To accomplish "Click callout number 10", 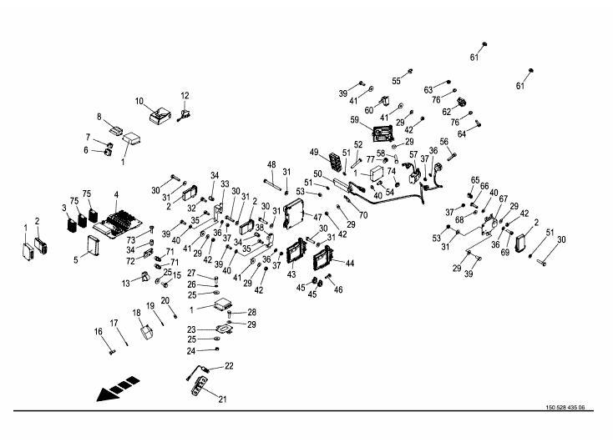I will [140, 101].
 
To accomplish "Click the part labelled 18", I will [146, 332].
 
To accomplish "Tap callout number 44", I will [349, 263].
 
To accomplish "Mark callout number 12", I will [185, 96].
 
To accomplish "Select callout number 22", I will [229, 367].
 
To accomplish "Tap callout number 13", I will [125, 284].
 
